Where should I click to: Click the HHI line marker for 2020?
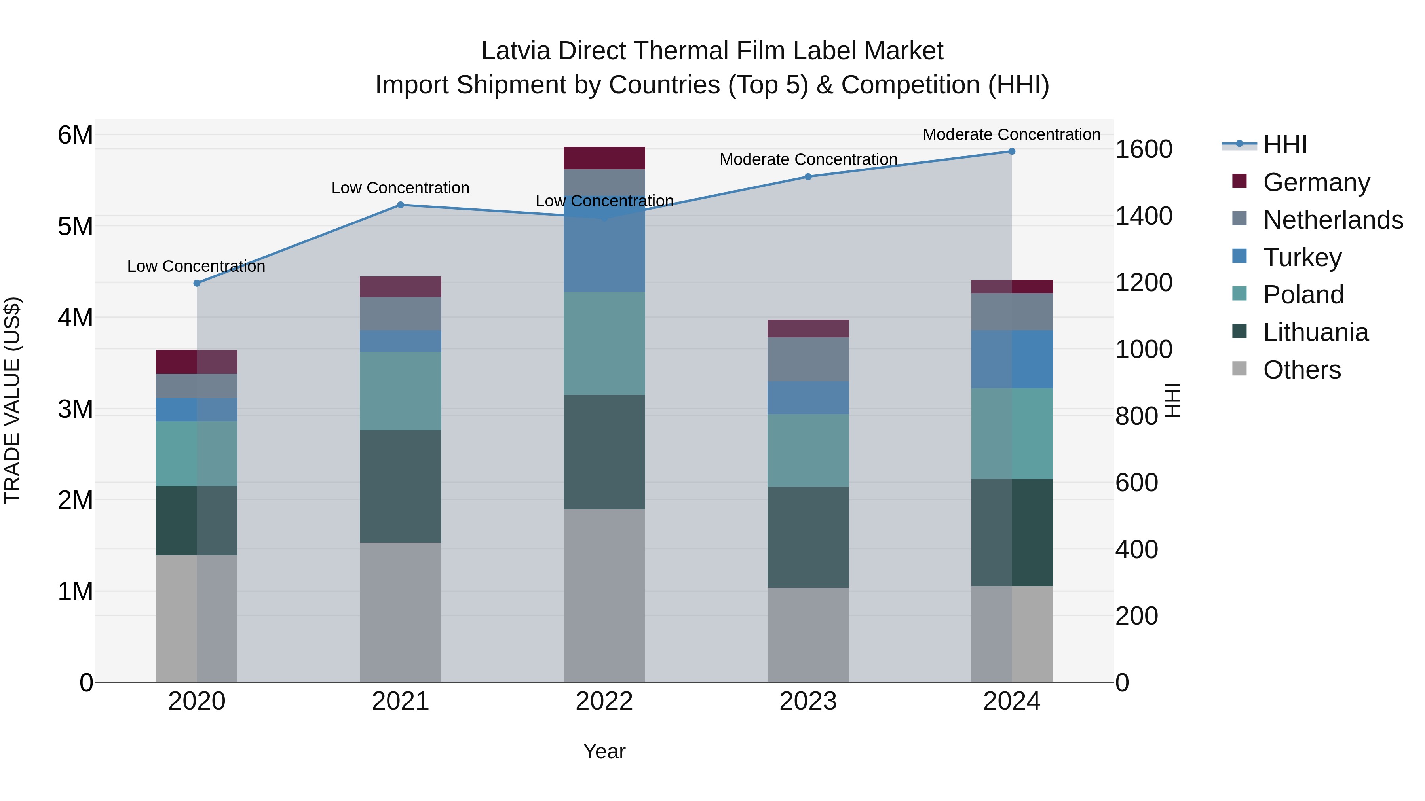tap(197, 283)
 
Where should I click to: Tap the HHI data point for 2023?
tap(807, 176)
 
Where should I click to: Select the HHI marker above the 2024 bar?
tap(1011, 151)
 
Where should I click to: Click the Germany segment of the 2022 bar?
tap(604, 158)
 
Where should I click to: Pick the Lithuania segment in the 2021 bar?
tap(401, 487)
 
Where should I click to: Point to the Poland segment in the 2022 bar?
tap(604, 343)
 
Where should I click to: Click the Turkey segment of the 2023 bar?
tap(807, 398)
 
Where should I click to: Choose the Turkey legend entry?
tap(1301, 258)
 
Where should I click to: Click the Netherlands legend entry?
tap(1332, 220)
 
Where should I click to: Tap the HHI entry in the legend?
tap(1284, 145)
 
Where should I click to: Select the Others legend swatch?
tap(1239, 369)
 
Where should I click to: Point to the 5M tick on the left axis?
tap(75, 227)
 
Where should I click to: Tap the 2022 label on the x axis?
tap(604, 701)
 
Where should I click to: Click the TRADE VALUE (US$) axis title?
tap(12, 400)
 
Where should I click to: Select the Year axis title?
tap(604, 751)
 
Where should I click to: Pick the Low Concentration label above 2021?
tap(401, 188)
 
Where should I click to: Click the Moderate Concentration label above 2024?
tap(1011, 134)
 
